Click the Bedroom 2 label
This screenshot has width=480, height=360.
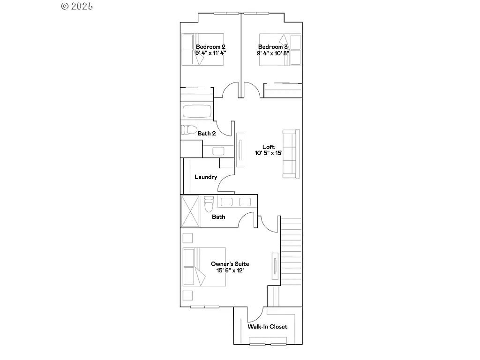click(210, 47)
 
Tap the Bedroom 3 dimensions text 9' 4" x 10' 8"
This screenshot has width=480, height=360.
click(273, 53)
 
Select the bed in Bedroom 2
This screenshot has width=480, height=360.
click(202, 49)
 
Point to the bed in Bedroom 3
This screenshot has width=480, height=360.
click(280, 49)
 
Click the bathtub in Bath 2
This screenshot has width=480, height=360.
click(197, 112)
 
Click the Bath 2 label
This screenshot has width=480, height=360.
click(207, 134)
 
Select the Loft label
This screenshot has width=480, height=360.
click(269, 147)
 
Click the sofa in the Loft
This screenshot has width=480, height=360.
click(291, 153)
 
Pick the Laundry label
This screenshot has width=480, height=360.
click(206, 177)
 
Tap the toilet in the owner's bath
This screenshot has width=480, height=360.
click(209, 204)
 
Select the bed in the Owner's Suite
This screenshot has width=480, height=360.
click(204, 267)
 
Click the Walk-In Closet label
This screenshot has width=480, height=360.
click(268, 327)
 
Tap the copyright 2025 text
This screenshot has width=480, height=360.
click(77, 6)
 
